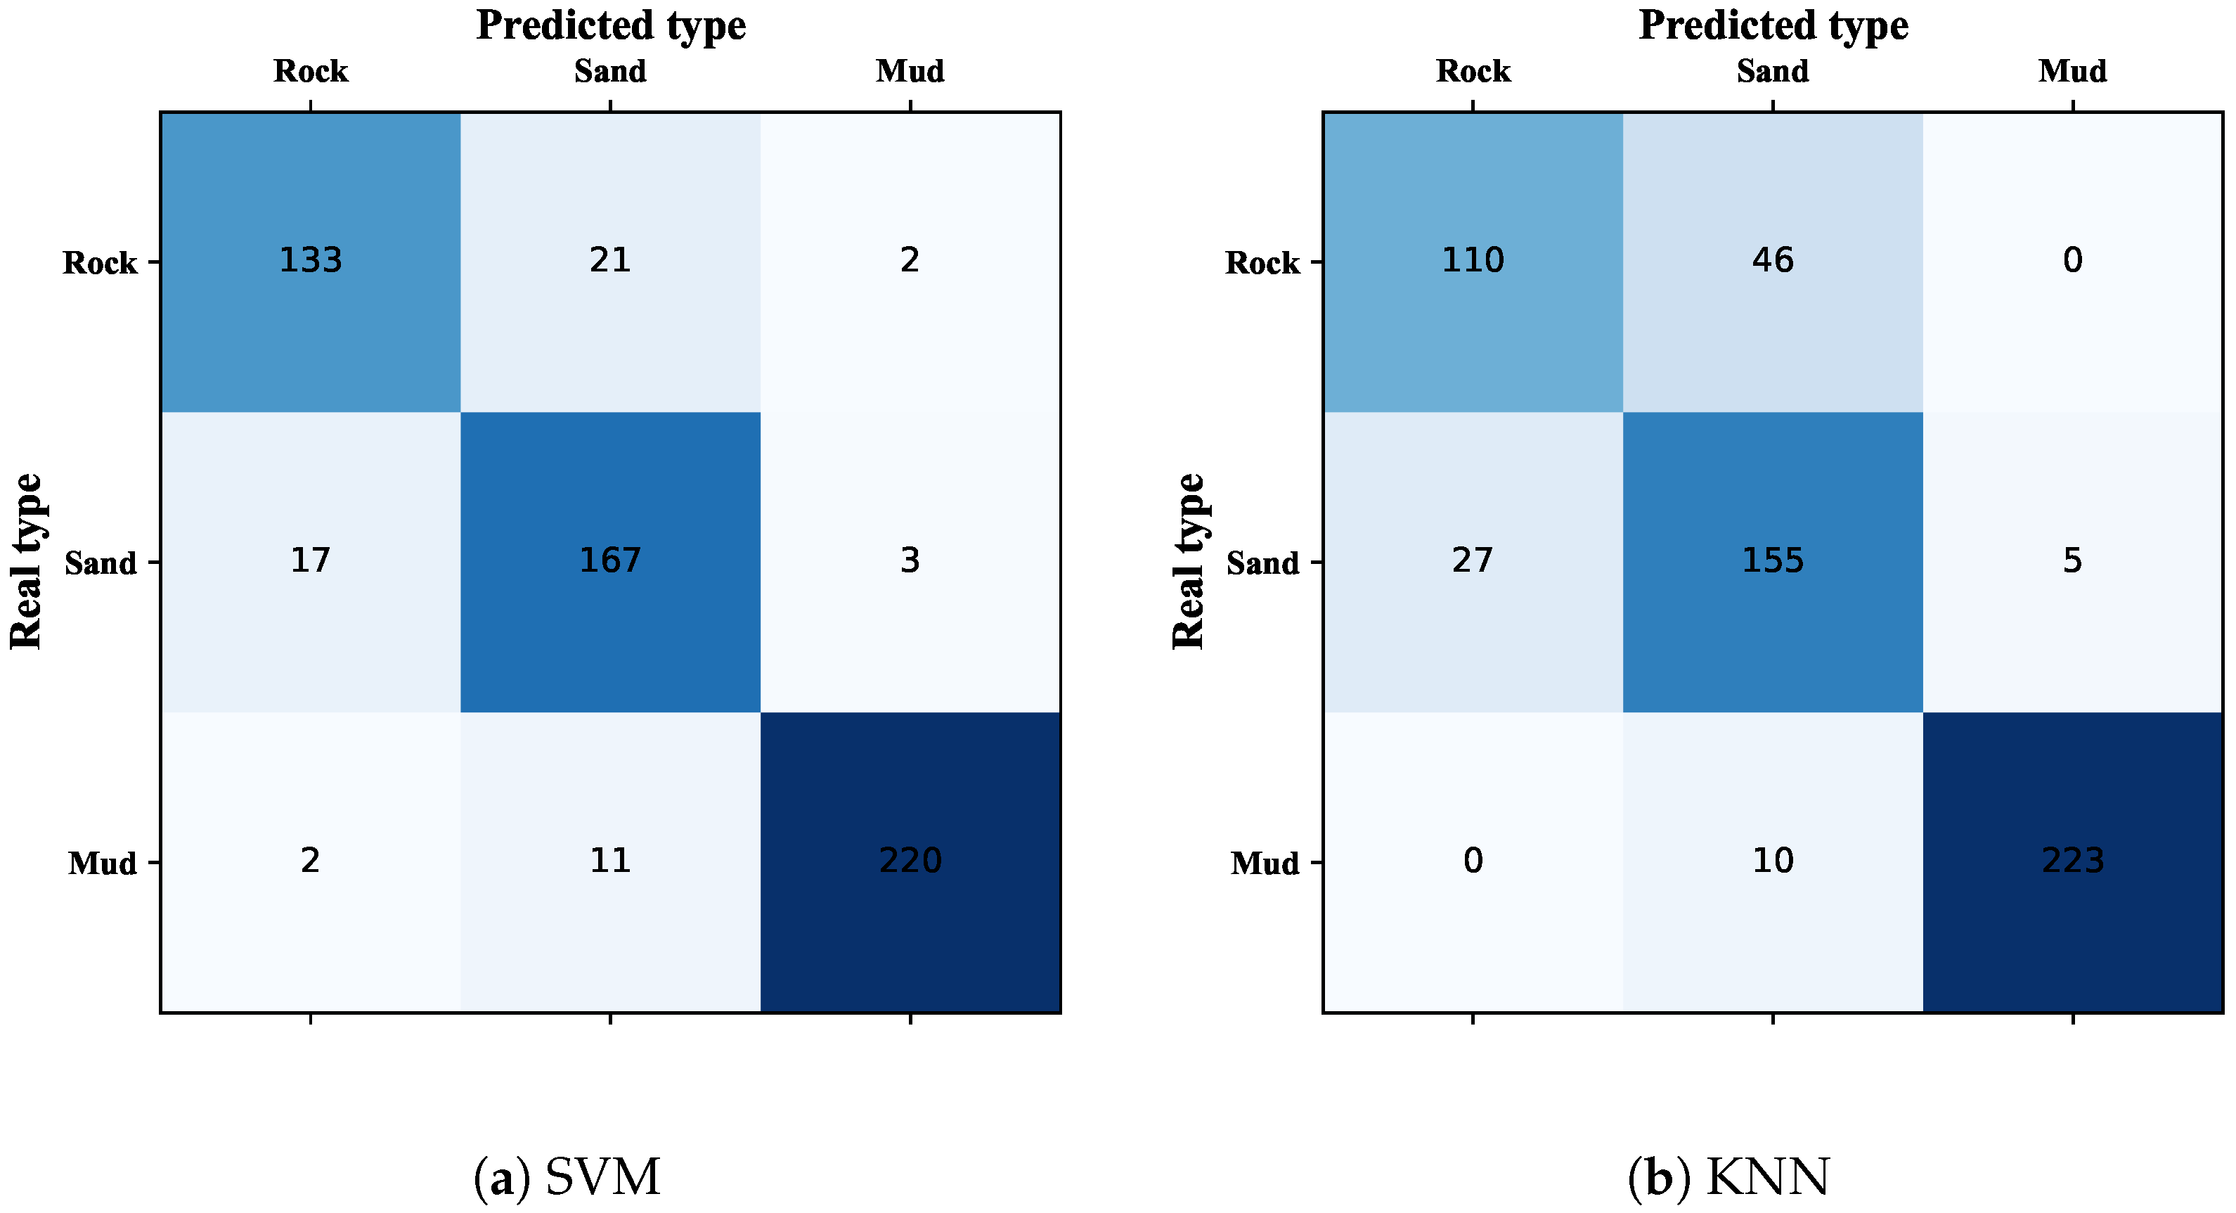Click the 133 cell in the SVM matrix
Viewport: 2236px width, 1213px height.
(x=310, y=259)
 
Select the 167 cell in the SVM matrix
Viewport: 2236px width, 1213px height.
(x=610, y=560)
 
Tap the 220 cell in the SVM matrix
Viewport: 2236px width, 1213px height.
(x=910, y=861)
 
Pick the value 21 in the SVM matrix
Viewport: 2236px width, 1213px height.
(x=610, y=259)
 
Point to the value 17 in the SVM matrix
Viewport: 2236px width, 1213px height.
(x=310, y=560)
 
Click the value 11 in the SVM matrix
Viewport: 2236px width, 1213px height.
(x=610, y=861)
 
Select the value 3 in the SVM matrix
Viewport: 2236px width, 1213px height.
(x=910, y=560)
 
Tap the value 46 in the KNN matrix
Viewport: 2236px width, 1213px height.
(x=1773, y=259)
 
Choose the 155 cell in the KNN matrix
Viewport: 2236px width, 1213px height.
(x=1773, y=560)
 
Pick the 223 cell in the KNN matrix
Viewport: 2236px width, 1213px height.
(x=2072, y=861)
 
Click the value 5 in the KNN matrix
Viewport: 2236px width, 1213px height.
(x=2072, y=560)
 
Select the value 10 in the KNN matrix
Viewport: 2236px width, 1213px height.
(x=1773, y=861)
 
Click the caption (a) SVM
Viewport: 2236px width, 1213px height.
(x=567, y=1179)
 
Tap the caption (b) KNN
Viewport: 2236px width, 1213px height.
(x=1729, y=1179)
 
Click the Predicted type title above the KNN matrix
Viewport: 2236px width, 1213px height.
(x=1773, y=25)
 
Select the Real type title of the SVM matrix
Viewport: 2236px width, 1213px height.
(x=26, y=562)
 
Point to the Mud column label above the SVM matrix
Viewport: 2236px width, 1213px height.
(x=910, y=71)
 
